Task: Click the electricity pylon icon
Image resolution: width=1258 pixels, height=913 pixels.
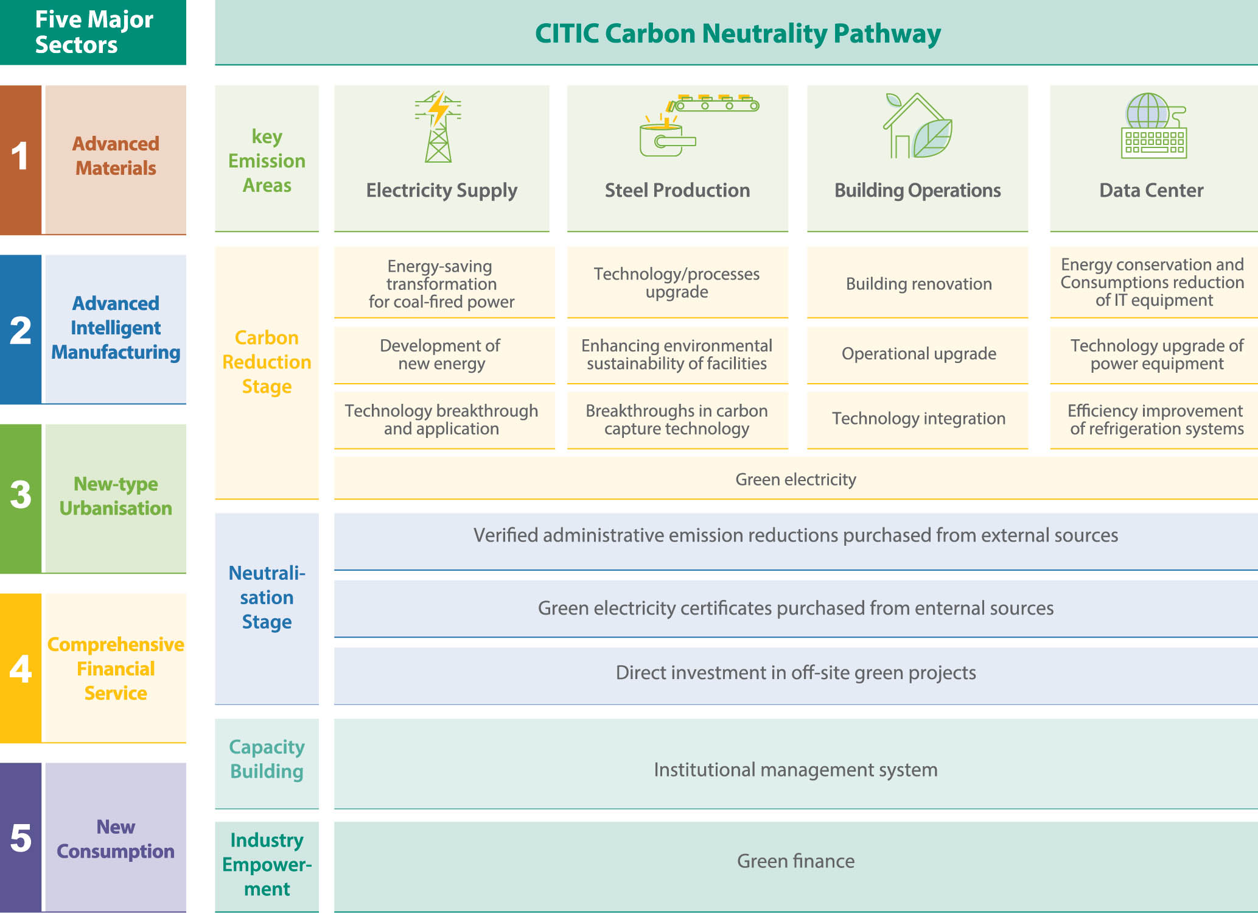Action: click(x=438, y=127)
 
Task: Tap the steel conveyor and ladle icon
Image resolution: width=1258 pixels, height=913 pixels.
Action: click(x=699, y=125)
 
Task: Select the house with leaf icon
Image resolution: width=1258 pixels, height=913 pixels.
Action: click(x=918, y=125)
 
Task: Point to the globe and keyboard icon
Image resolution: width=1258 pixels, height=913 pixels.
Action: click(x=1154, y=125)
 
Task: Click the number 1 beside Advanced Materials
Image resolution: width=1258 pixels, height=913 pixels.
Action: click(x=20, y=156)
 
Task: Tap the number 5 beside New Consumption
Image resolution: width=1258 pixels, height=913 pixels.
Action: click(x=21, y=838)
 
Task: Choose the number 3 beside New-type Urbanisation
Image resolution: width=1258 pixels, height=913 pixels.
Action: click(x=21, y=494)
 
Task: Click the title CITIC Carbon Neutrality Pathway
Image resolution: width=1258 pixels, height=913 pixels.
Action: click(x=738, y=33)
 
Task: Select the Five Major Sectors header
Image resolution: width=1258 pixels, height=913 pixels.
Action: click(x=94, y=32)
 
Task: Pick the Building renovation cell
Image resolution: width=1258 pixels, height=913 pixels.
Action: click(x=918, y=284)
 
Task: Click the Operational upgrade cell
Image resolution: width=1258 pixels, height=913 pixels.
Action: click(x=918, y=354)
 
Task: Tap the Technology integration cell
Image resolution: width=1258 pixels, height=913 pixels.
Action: click(x=918, y=418)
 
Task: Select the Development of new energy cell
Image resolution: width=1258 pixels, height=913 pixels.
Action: click(x=441, y=354)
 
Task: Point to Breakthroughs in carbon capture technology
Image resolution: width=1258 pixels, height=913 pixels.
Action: click(x=677, y=420)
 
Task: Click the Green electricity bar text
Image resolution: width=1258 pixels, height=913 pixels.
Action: click(x=795, y=479)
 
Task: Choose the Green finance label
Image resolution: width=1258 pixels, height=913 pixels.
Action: click(x=795, y=861)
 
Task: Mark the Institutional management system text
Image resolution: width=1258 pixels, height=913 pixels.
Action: click(x=795, y=770)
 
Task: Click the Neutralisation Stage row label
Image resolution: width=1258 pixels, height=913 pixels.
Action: click(x=267, y=598)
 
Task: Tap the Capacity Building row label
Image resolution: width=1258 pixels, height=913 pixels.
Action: click(x=267, y=759)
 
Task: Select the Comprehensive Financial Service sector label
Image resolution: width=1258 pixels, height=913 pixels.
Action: click(x=116, y=669)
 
